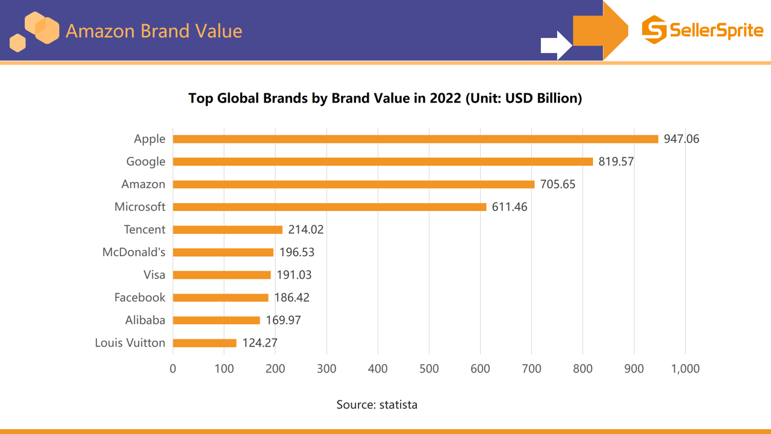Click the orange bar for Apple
point(416,139)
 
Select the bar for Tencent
point(228,230)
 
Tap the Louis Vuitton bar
point(205,343)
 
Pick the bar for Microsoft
point(329,207)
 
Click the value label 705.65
point(557,184)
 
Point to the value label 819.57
point(616,162)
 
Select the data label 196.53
point(296,253)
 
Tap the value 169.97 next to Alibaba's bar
point(283,320)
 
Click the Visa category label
point(154,275)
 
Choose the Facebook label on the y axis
point(140,298)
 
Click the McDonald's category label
point(134,253)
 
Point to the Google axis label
point(146,162)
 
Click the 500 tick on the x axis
point(429,368)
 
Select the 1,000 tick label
point(685,368)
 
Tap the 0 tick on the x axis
point(173,368)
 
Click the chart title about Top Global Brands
point(385,98)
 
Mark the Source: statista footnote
point(376,404)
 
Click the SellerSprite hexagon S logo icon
point(654,30)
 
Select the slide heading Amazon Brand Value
point(154,31)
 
